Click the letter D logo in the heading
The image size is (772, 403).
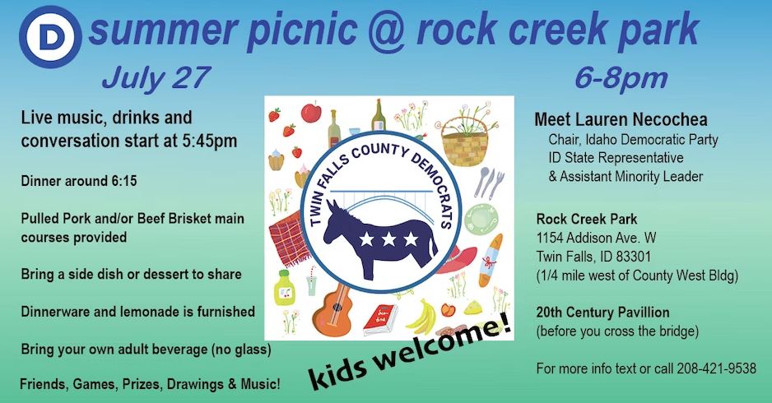pos(50,37)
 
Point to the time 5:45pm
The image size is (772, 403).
pos(210,141)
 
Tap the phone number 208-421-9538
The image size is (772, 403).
pos(716,368)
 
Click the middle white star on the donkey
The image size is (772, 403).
pos(388,239)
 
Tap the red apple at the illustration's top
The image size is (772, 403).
pos(311,112)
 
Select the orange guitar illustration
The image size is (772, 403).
pos(335,306)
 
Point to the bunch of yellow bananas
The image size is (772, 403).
pos(422,317)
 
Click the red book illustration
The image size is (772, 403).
pos(379,320)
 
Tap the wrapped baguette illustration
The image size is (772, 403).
pos(491,260)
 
